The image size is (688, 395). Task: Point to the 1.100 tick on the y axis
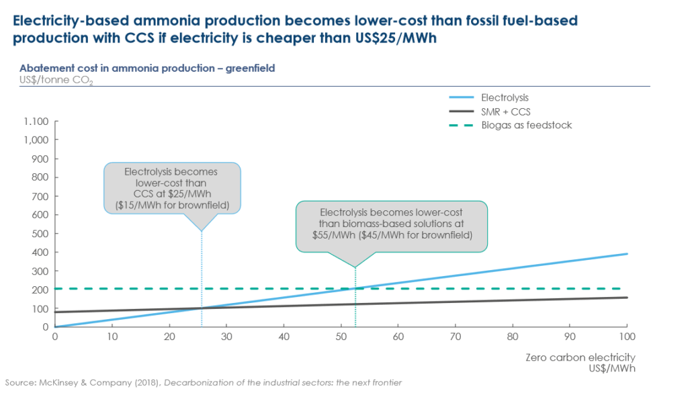pos(35,122)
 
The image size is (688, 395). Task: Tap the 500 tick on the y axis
pos(40,234)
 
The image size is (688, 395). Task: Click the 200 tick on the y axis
pos(40,290)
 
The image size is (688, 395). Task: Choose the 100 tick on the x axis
pos(626,336)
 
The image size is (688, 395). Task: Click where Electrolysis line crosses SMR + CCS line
pos(202,308)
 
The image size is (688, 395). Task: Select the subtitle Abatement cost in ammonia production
pos(147,69)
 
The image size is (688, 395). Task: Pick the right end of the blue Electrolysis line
pos(627,254)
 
